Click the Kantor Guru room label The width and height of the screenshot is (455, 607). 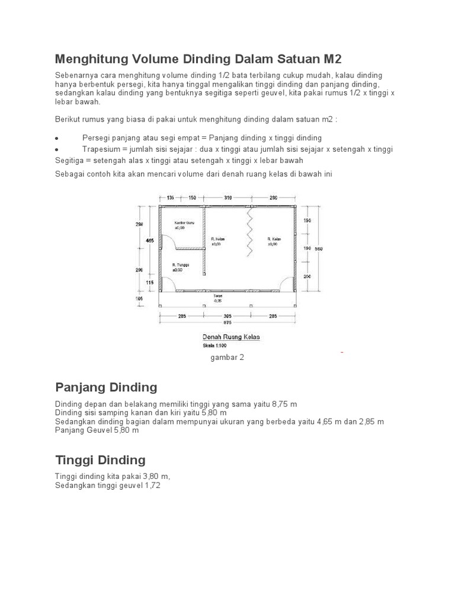coord(182,223)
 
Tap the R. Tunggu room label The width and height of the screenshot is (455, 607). coord(180,264)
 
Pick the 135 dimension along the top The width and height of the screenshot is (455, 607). coord(170,197)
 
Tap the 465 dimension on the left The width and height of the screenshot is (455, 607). coord(150,241)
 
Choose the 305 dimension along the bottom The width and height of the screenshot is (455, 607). coord(227,316)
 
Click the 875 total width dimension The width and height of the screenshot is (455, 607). coord(227,322)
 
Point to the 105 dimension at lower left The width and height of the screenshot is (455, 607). coord(139,298)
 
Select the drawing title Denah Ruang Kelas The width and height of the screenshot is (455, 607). coord(231,337)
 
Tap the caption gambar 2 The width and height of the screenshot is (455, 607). coord(227,357)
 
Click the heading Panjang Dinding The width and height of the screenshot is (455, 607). coord(106,388)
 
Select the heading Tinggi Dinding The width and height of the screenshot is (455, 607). coord(100,460)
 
